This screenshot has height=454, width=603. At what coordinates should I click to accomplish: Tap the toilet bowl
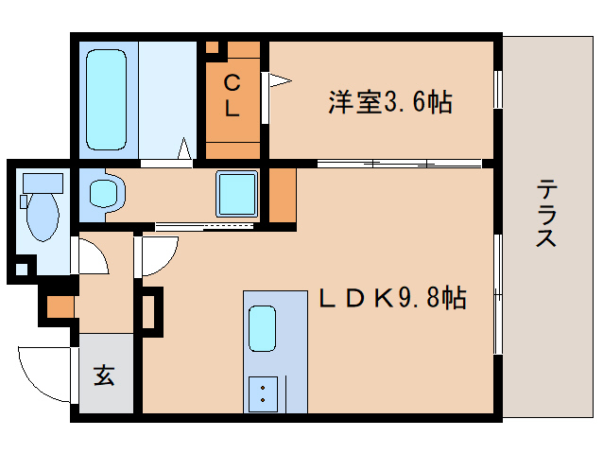tap(42, 217)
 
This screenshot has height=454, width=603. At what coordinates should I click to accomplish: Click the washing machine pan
tap(236, 193)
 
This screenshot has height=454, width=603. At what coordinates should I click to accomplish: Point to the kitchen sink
tap(262, 330)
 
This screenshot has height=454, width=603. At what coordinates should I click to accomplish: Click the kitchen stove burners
tap(262, 392)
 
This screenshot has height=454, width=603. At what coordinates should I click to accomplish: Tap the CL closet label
tap(232, 96)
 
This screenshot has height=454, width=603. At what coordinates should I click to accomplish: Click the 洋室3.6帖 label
tap(389, 100)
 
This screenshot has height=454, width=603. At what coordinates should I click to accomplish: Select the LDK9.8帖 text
tap(391, 299)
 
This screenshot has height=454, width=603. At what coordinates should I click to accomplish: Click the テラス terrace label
tap(546, 213)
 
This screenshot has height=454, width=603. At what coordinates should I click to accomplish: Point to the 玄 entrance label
tap(105, 375)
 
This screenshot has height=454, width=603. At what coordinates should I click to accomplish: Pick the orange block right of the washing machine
tap(283, 194)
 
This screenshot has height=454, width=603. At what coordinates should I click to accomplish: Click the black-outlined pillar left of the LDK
tap(150, 309)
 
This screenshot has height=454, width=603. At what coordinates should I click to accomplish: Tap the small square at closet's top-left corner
tap(213, 46)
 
